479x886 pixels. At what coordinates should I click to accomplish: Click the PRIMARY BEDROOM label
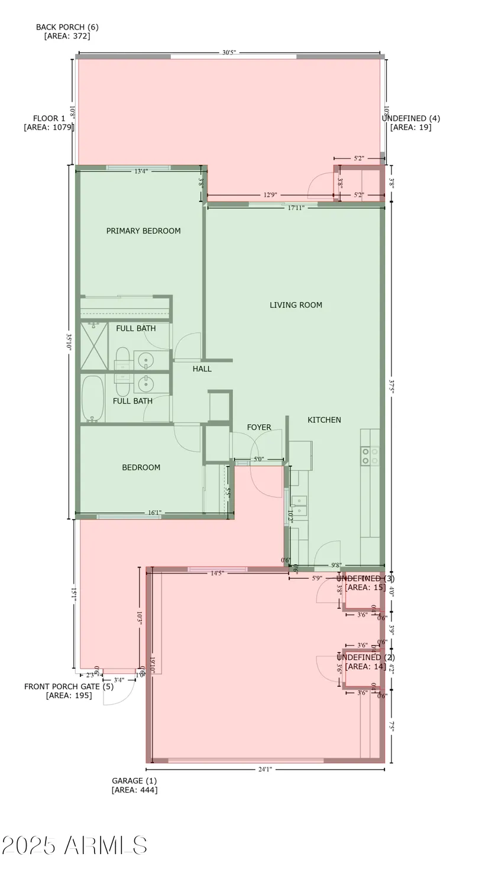[x=143, y=231]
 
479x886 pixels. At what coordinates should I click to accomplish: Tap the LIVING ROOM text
[x=296, y=305]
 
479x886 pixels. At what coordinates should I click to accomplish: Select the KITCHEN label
[x=324, y=420]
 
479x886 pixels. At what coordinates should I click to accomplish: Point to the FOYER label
[x=259, y=427]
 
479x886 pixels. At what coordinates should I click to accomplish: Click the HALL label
[x=202, y=369]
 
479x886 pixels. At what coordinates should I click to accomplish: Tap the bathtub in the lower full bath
[x=92, y=399]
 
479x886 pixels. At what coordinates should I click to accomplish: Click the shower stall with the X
[x=93, y=346]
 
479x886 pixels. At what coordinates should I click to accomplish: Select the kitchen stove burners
[x=370, y=456]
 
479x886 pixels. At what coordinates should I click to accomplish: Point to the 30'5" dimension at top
[x=229, y=53]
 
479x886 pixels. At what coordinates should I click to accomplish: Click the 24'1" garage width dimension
[x=264, y=770]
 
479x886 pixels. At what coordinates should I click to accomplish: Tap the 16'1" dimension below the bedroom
[x=154, y=513]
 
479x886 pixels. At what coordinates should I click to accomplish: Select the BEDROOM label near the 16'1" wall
[x=141, y=468]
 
